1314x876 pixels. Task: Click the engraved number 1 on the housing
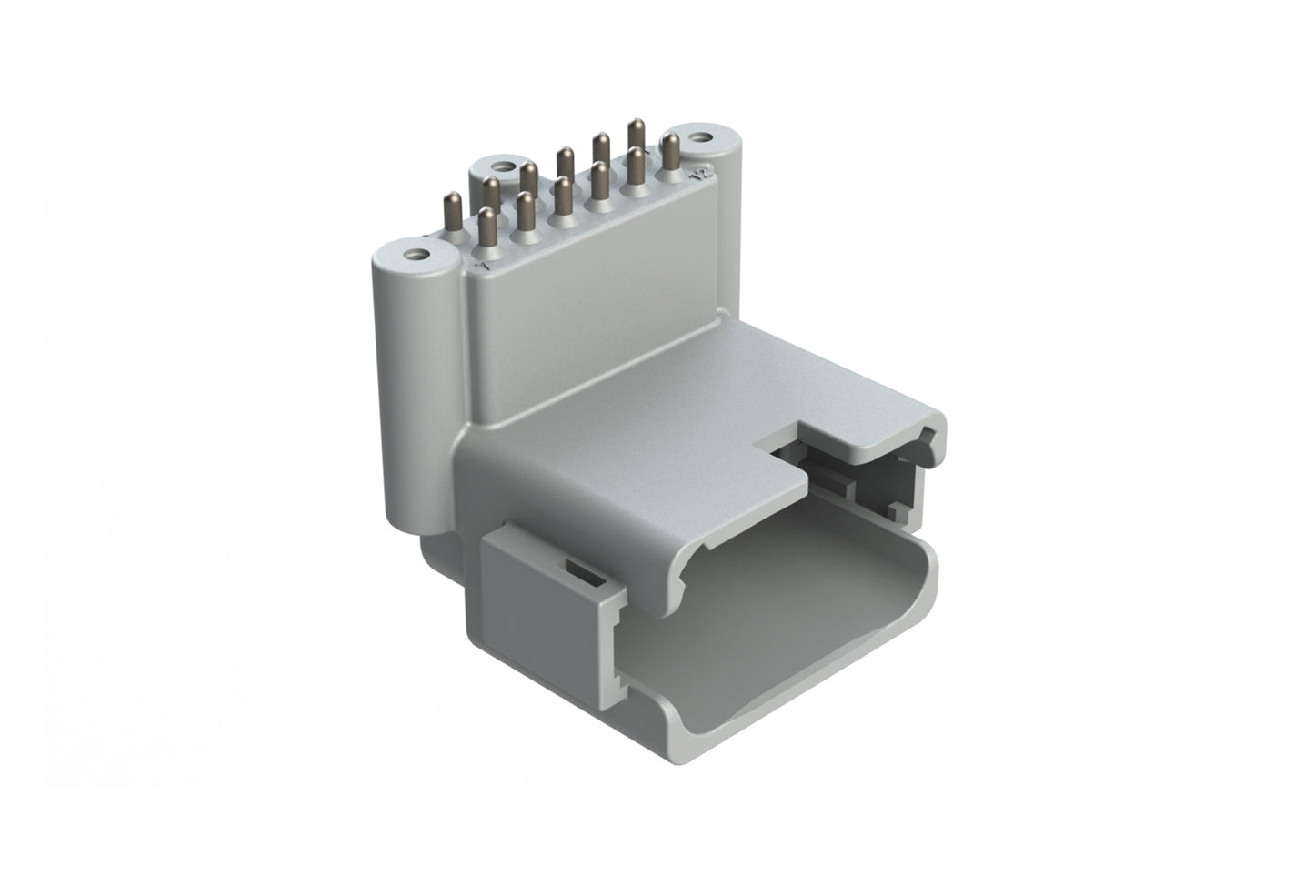pyautogui.click(x=483, y=267)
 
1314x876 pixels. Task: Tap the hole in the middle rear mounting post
pyautogui.click(x=499, y=166)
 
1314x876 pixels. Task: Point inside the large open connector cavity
pyautogui.click(x=773, y=619)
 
